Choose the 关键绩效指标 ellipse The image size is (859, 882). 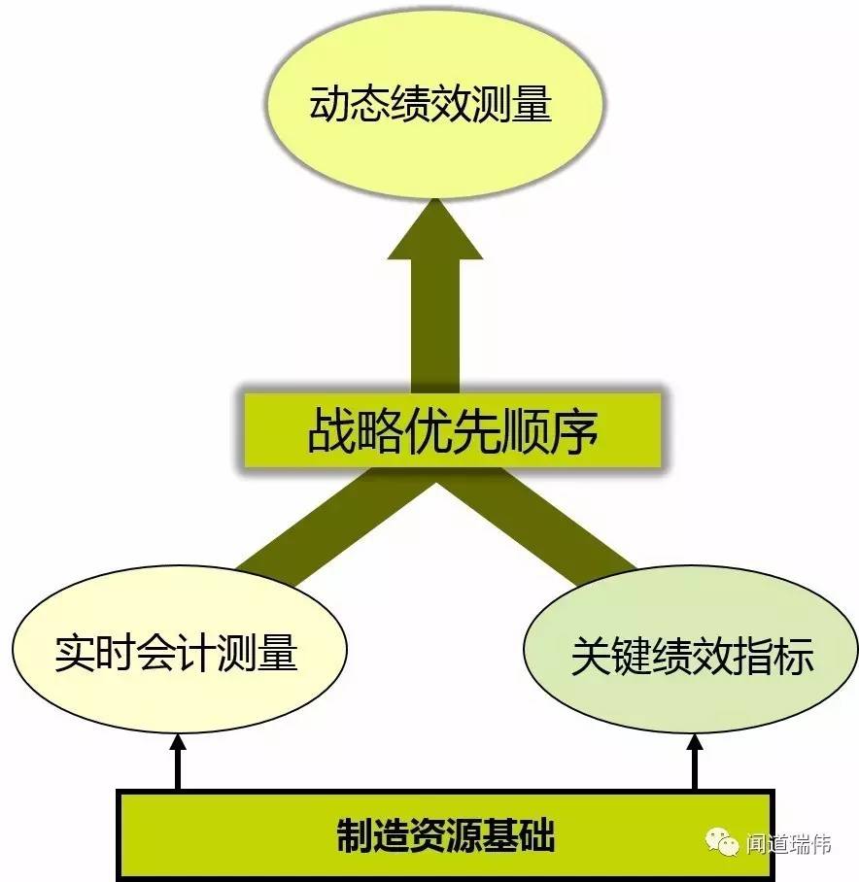691,657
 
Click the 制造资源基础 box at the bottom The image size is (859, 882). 446,834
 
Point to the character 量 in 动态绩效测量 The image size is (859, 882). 530,105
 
